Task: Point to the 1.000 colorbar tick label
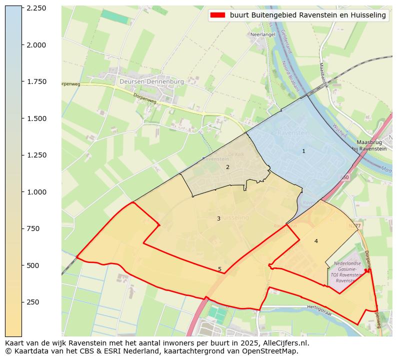(x=36, y=192)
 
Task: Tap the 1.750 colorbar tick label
(x=36, y=82)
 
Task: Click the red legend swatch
(x=218, y=15)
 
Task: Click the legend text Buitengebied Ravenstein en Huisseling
(x=308, y=15)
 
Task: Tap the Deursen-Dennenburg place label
(x=151, y=81)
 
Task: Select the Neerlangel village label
(x=263, y=34)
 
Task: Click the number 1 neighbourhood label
(x=303, y=151)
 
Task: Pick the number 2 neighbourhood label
(x=227, y=167)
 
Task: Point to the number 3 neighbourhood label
(x=218, y=218)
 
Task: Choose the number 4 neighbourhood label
(x=316, y=241)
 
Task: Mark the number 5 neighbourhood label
(x=219, y=269)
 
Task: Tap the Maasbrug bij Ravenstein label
(x=369, y=145)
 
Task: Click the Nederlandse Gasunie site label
(x=347, y=263)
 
